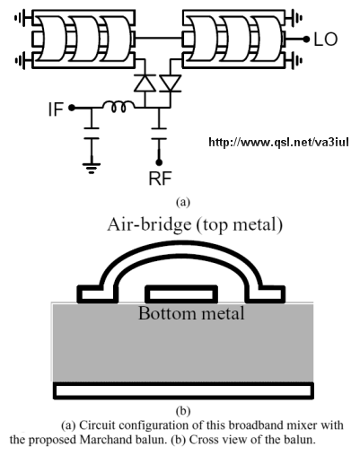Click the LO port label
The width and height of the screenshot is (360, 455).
coord(326,39)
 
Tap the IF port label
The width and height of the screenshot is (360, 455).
coord(56,109)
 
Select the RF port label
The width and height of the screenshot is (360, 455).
coord(160,179)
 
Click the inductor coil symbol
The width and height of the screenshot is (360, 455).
coord(119,107)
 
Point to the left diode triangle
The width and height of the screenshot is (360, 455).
coord(145,83)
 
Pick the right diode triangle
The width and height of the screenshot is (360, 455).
coord(171,83)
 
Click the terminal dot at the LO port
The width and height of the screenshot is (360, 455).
coord(306,39)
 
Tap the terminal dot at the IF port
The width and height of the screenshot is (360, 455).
coord(71,108)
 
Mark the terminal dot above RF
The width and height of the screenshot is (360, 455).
coord(159,162)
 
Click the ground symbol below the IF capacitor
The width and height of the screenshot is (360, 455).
coord(92,168)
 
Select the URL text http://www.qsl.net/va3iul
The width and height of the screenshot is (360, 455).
coord(278,142)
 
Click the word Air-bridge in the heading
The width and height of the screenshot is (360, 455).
coord(149,225)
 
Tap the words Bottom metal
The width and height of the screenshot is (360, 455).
coord(191,313)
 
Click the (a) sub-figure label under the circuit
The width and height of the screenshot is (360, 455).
coord(183,202)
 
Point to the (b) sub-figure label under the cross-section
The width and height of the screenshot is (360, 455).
coord(183,411)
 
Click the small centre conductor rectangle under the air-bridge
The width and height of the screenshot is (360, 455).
coord(181,293)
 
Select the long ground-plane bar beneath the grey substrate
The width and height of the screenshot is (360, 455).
coord(183,390)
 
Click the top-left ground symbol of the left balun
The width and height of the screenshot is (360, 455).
coord(21,18)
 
